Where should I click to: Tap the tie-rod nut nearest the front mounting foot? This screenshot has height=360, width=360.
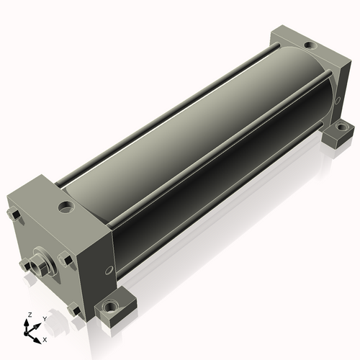pyautogui.click(x=74, y=310)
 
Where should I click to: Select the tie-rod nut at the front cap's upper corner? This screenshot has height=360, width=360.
pyautogui.click(x=14, y=215)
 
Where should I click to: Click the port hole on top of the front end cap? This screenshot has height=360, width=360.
pyautogui.click(x=66, y=207)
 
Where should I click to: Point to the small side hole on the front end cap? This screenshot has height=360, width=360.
pyautogui.click(x=109, y=271)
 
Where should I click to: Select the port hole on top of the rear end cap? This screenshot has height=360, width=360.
pyautogui.click(x=310, y=45)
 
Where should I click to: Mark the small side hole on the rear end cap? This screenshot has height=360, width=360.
pyautogui.click(x=338, y=100)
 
